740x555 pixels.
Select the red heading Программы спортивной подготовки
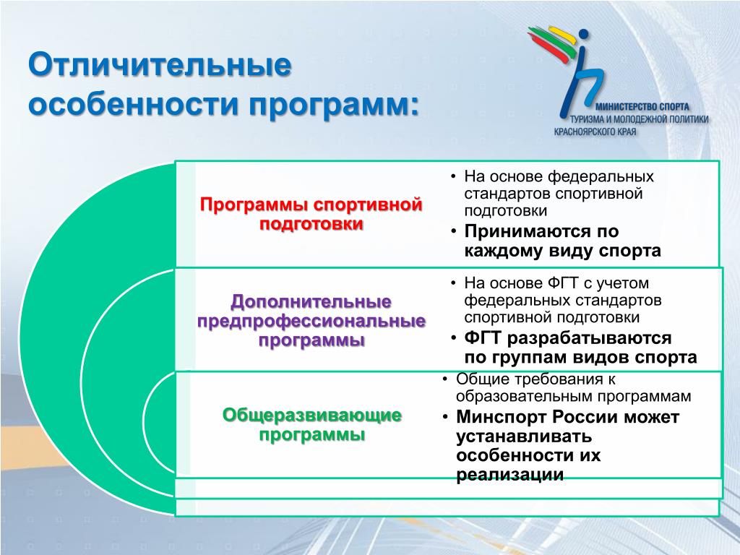coord(311,214)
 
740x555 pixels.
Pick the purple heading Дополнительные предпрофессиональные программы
coord(311,320)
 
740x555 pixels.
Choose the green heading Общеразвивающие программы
coord(312,425)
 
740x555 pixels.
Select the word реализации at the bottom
coord(510,474)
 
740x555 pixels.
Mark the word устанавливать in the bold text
coord(524,436)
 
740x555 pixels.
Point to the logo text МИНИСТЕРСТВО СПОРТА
coord(642,107)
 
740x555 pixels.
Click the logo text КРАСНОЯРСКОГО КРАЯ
coord(595,132)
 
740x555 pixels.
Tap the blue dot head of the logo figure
coord(584,35)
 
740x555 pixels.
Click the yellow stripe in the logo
coord(562,36)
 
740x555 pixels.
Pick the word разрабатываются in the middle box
coord(589,339)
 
